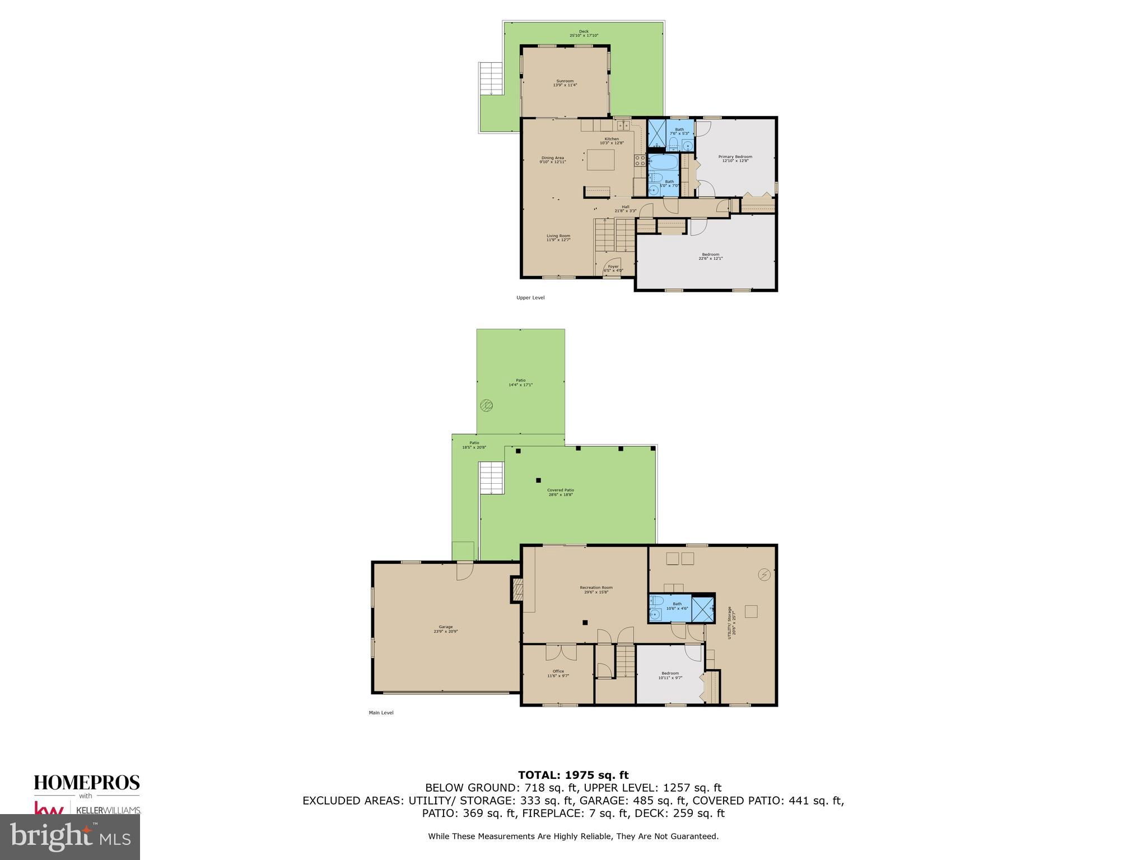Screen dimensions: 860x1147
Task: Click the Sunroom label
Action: point(565,83)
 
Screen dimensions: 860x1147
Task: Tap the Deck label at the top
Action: point(584,33)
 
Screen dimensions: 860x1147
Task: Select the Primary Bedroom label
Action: point(735,158)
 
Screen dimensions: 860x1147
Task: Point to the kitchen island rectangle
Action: point(600,160)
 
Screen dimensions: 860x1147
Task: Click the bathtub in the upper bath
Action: point(664,163)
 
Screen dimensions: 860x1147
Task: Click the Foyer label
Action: point(613,268)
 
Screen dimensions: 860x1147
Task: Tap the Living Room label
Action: point(558,237)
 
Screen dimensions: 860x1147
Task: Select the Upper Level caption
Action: point(530,298)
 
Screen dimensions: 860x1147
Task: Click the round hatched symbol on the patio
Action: point(487,405)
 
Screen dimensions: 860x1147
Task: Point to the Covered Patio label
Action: point(561,492)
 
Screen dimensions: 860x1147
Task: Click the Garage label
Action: point(445,629)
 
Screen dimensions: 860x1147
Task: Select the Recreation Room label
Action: point(596,590)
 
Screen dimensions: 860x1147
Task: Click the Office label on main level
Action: point(558,673)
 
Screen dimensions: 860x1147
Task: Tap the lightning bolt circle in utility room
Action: point(764,574)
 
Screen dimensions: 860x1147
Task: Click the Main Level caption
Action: point(381,713)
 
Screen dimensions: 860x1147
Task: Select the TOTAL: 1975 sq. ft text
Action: point(573,775)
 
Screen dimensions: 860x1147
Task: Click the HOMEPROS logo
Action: point(87,783)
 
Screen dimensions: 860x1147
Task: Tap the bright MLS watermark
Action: point(70,836)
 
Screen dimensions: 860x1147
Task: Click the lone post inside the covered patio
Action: point(538,480)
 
